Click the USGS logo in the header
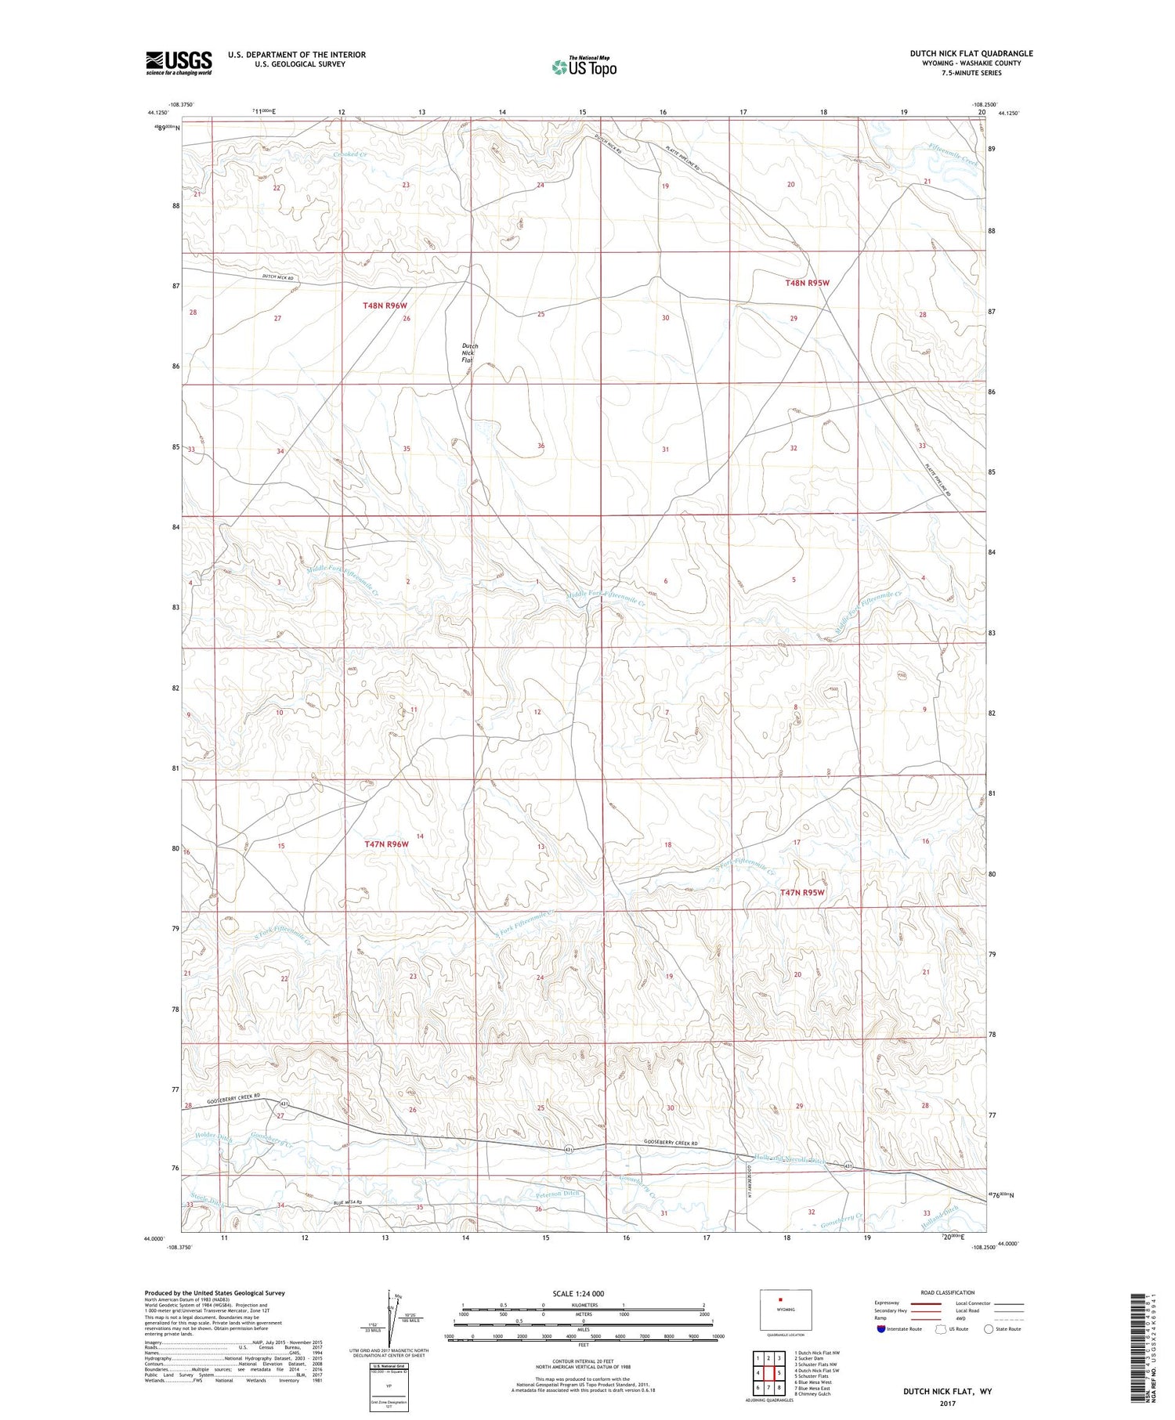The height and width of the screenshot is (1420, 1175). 179,63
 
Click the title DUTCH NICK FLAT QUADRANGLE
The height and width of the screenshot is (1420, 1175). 971,53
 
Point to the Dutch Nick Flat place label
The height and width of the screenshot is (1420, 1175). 469,352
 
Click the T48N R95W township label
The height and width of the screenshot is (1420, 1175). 807,283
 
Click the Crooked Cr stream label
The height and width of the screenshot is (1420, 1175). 349,155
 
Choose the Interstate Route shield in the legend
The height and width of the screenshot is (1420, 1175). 881,1328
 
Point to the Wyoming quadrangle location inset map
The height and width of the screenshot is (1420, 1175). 785,1310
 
